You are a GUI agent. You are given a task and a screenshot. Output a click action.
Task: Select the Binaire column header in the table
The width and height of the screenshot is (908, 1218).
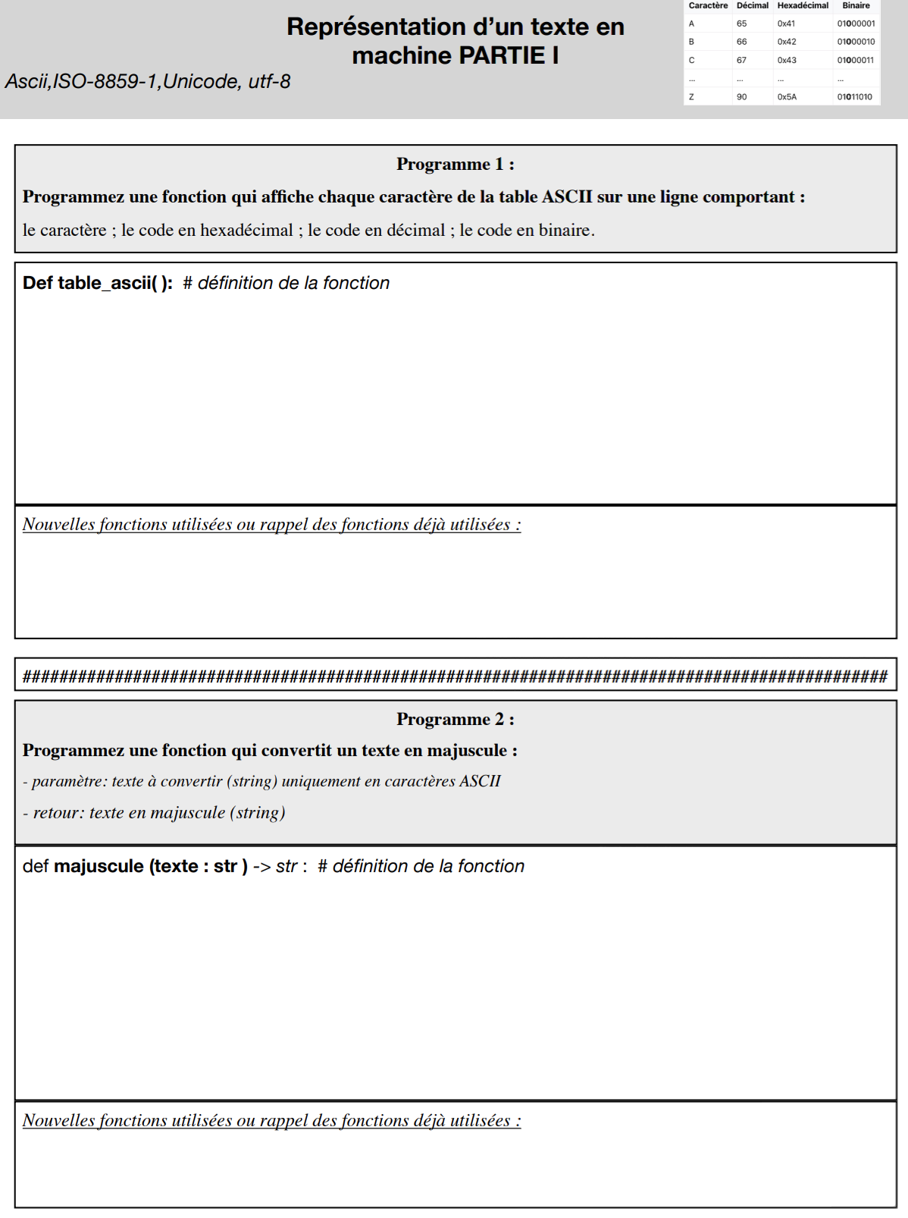coord(856,5)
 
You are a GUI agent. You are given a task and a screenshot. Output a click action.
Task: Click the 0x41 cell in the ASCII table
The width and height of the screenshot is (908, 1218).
coord(786,24)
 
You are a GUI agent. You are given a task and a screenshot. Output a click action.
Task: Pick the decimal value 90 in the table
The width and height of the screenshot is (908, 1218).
coord(741,97)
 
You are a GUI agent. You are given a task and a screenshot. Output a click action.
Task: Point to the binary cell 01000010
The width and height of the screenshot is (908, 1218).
coord(856,42)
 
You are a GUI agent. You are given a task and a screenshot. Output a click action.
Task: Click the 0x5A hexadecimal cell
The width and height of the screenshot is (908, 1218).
coord(787,97)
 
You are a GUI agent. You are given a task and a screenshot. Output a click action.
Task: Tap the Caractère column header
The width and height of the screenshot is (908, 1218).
coord(708,5)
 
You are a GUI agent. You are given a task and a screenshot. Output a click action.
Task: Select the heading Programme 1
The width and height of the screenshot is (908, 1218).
coord(455,164)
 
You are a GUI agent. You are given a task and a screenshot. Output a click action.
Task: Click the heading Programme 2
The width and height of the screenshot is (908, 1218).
coord(455,719)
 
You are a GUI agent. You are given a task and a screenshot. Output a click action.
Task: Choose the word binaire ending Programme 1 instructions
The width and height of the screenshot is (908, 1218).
coord(563,230)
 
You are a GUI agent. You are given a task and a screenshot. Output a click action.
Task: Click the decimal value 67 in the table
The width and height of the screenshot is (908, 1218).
coord(741,60)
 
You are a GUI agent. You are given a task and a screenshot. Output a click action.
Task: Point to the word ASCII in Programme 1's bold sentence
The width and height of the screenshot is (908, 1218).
coord(567,197)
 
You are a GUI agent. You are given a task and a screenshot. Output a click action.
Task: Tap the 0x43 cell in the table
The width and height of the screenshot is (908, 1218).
coord(787,60)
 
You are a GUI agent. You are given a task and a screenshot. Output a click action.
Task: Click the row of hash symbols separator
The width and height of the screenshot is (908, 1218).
coord(455,676)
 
